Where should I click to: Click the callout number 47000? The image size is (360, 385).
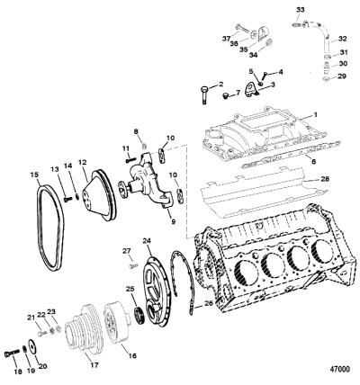click(338, 369)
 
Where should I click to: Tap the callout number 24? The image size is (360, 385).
click(147, 241)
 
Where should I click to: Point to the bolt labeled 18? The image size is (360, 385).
click(11, 354)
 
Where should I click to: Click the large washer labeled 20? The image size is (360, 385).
click(31, 346)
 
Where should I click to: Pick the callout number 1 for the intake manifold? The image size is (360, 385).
click(315, 115)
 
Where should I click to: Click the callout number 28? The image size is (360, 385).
click(325, 179)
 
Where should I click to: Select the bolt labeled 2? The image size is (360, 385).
click(203, 95)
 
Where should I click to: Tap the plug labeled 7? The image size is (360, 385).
click(226, 96)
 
